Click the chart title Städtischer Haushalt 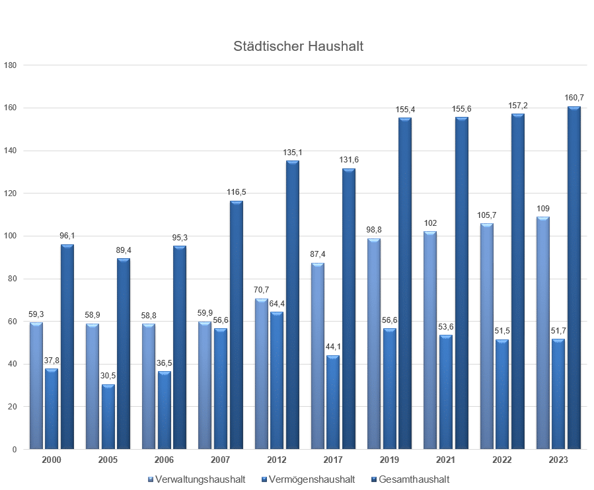(298, 47)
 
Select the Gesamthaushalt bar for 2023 (574, 277)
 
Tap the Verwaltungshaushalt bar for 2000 (36, 386)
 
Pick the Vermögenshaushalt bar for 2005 (108, 417)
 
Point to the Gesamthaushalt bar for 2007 (236, 325)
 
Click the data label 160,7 (574, 97)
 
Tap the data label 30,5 (108, 376)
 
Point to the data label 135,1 (292, 152)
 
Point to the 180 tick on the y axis (10, 65)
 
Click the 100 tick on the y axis (10, 236)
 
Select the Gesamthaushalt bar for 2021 (461, 283)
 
